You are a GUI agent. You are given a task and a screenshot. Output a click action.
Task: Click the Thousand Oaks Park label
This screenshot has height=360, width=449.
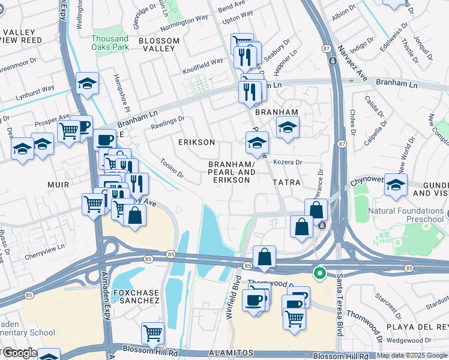tap(110, 42)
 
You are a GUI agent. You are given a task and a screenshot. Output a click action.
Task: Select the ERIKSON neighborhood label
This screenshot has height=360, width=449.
tap(196, 142)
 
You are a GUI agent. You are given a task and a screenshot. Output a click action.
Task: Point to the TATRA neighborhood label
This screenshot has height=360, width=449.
tap(286, 181)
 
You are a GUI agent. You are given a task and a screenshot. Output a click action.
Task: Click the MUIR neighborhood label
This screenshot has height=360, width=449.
tap(60, 186)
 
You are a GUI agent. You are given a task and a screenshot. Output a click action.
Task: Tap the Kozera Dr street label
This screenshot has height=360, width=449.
tap(287, 162)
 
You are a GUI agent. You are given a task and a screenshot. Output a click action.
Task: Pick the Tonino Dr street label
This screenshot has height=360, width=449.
tap(172, 168)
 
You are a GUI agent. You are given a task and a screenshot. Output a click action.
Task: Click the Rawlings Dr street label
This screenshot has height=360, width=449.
tap(167, 122)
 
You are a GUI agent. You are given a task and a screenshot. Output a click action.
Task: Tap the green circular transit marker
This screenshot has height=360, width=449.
tap(320, 274)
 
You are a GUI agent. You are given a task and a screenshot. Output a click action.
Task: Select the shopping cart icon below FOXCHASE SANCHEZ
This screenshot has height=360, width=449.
tap(153, 332)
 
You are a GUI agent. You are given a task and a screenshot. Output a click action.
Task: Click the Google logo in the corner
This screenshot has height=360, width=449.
tap(18, 353)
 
